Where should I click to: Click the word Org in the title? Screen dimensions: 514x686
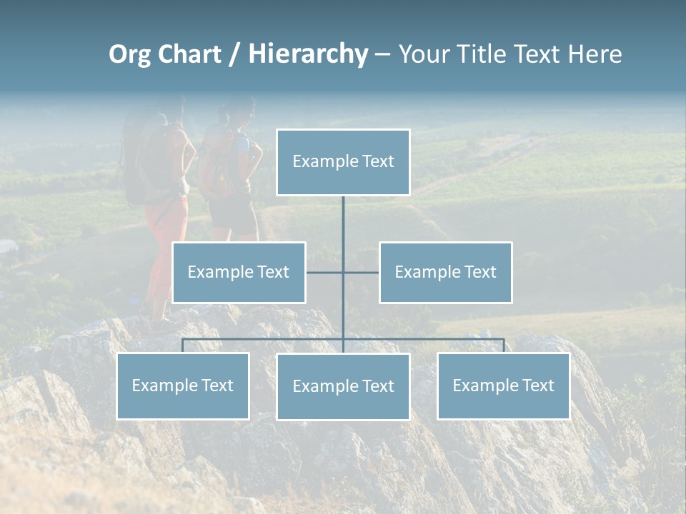point(129,54)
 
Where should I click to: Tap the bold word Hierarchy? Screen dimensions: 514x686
point(308,54)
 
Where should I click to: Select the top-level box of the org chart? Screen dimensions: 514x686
point(343,162)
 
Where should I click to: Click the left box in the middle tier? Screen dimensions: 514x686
point(239,272)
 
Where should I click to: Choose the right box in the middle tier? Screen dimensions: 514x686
point(446,272)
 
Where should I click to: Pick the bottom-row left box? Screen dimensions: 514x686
point(183,386)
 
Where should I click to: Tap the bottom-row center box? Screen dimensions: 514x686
point(343,387)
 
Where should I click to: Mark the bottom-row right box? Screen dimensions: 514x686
point(504,386)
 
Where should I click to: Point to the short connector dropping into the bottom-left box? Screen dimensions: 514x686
point(183,346)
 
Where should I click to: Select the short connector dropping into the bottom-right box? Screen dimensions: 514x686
point(504,346)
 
